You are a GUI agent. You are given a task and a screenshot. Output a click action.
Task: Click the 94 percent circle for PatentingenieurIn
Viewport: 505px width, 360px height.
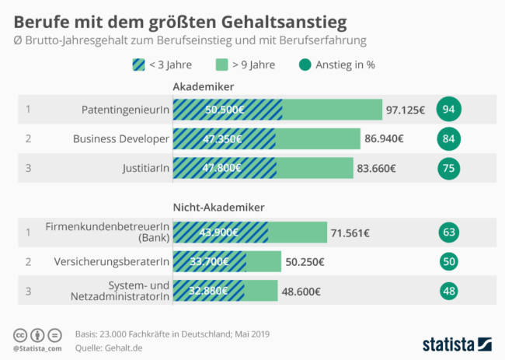[x=448, y=109]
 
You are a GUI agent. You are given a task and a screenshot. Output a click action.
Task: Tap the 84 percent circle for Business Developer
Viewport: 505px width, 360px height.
[x=448, y=139]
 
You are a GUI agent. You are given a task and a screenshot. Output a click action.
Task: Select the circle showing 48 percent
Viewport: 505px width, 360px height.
[x=448, y=291]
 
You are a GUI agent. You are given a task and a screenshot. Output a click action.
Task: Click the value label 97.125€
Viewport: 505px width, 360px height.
[x=405, y=110]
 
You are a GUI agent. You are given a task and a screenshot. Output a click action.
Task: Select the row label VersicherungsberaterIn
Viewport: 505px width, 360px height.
[x=112, y=261]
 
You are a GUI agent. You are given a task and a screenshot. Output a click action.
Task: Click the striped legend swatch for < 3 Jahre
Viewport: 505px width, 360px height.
[x=138, y=65]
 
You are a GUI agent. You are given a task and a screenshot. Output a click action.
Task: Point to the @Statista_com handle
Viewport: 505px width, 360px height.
[x=38, y=350]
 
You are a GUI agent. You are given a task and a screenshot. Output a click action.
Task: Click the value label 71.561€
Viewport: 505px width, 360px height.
[x=350, y=232]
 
